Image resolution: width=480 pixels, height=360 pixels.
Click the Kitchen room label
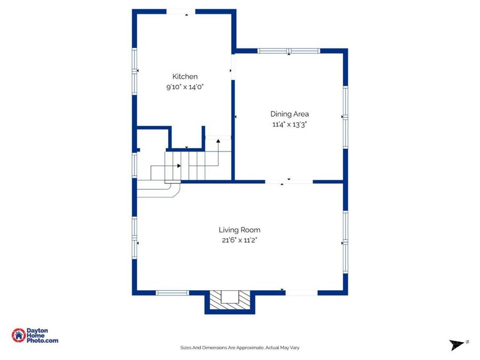pyautogui.click(x=185, y=76)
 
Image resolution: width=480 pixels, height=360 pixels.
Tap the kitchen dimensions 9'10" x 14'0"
pyautogui.click(x=185, y=87)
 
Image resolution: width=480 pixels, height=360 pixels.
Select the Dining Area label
pyautogui.click(x=289, y=114)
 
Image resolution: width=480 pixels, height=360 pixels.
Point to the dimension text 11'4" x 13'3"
pyautogui.click(x=289, y=124)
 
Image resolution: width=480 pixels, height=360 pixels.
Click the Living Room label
pyautogui.click(x=239, y=230)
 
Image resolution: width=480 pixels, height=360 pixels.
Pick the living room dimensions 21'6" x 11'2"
pyautogui.click(x=239, y=240)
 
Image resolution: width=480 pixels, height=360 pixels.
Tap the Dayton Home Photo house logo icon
pyautogui.click(x=18, y=335)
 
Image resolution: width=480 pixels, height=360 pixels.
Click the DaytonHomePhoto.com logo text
pyautogui.click(x=42, y=335)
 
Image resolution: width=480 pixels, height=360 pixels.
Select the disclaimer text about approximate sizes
pyautogui.click(x=239, y=347)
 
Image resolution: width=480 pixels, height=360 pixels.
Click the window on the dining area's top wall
pyautogui.click(x=289, y=51)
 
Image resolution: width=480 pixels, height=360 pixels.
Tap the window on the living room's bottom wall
pyautogui.click(x=172, y=293)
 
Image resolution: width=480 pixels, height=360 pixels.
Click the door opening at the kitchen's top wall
pyautogui.click(x=181, y=12)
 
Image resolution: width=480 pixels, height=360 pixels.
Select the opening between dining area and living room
pyautogui.click(x=289, y=182)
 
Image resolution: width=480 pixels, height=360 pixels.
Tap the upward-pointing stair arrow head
pyautogui.click(x=218, y=141)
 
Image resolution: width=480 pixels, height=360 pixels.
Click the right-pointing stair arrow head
pyautogui.click(x=179, y=166)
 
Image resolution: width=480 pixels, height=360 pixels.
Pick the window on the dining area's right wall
pyautogui.click(x=346, y=117)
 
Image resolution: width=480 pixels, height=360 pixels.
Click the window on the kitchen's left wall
pyautogui.click(x=134, y=71)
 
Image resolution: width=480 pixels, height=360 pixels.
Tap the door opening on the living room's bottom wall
pyautogui.click(x=301, y=293)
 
